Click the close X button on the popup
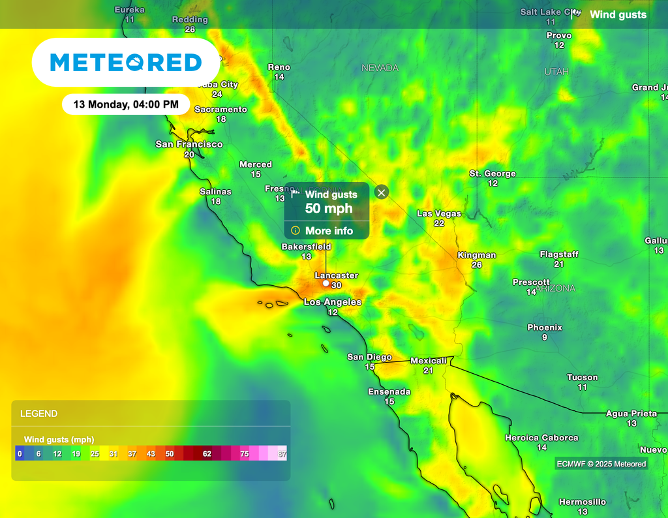(x=382, y=192)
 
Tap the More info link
(x=329, y=231)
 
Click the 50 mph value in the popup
(x=329, y=209)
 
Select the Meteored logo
(x=126, y=63)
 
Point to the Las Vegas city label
(x=439, y=214)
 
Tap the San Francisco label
(x=189, y=144)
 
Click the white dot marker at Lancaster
(x=326, y=284)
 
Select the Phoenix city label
(x=545, y=328)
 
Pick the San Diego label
(x=369, y=357)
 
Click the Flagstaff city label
(x=559, y=254)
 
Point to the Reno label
(x=279, y=67)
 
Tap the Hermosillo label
(x=583, y=502)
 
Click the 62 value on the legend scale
(x=207, y=454)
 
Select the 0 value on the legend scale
(x=20, y=454)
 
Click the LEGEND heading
(x=39, y=414)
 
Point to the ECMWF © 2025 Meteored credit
(x=601, y=464)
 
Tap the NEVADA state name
(x=380, y=68)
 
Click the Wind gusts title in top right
(x=618, y=14)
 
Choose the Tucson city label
(x=583, y=377)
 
